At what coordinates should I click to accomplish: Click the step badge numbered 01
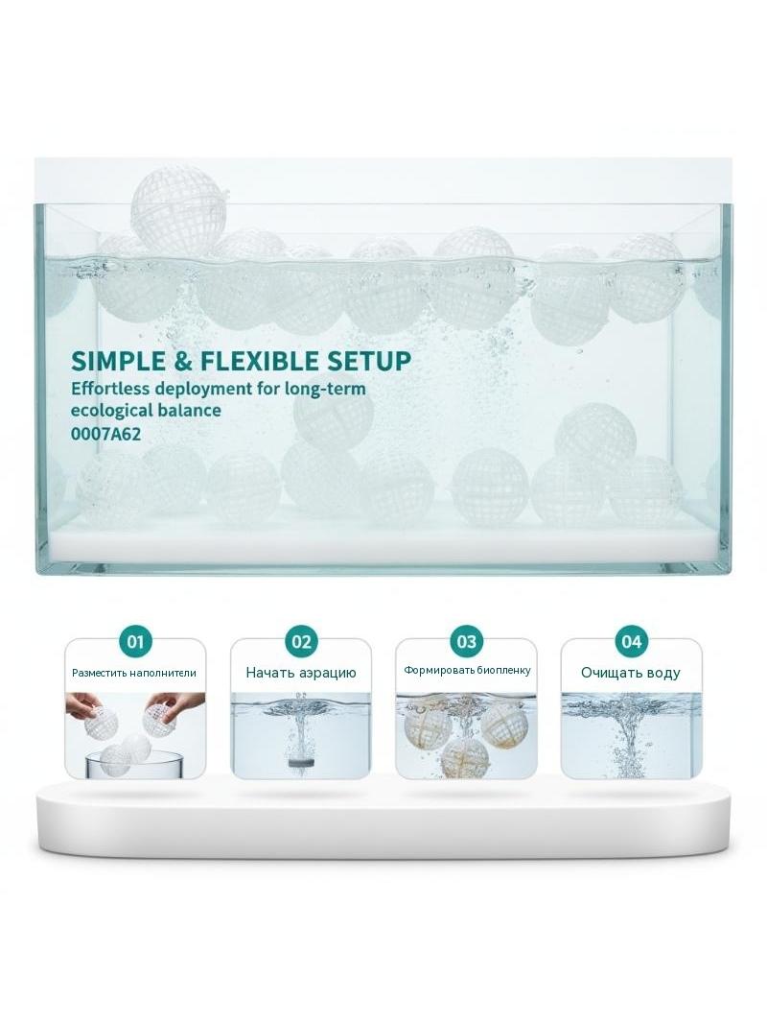coord(135,641)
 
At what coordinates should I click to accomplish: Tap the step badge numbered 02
coord(301,641)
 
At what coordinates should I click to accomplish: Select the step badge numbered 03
coord(467,641)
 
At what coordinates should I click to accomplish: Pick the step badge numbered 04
coord(632,641)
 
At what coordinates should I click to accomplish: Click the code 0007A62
coord(105,433)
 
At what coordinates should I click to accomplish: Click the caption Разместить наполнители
coord(134,673)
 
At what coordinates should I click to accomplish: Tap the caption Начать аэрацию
coord(301,673)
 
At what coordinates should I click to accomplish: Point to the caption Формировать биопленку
coord(467,670)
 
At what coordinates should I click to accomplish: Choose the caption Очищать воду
coord(631,673)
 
